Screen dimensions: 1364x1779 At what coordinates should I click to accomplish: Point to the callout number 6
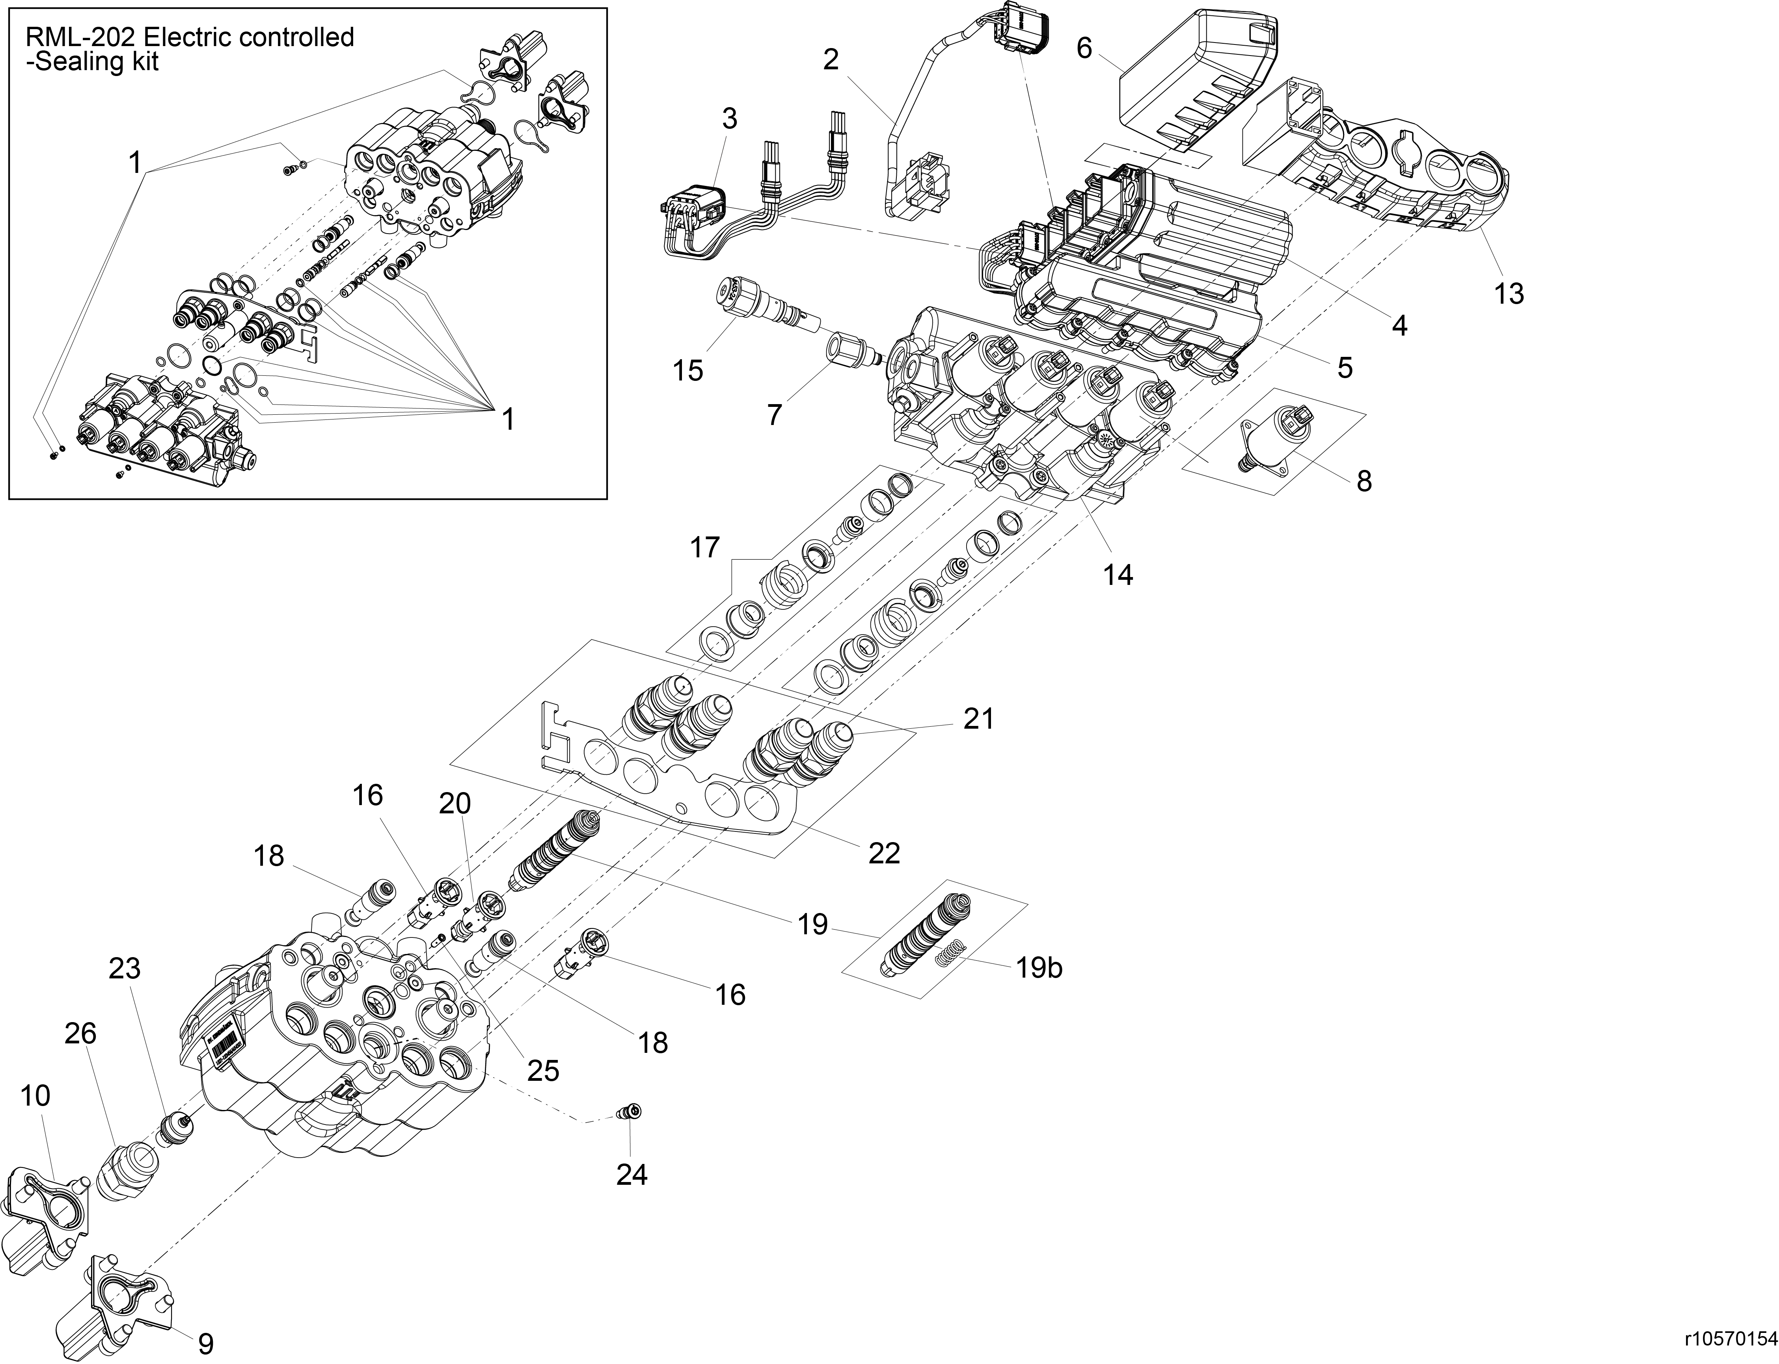1084,48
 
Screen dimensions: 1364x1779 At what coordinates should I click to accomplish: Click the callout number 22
884,852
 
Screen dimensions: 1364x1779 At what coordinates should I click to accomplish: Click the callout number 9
206,1344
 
